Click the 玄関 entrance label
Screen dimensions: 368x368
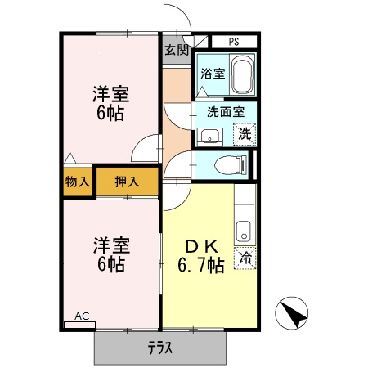[x=176, y=51]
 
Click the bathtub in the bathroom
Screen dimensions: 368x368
[x=243, y=76]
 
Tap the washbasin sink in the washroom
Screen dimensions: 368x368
[x=209, y=136]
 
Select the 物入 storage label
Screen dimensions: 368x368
[x=78, y=182]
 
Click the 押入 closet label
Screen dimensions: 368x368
[x=126, y=182]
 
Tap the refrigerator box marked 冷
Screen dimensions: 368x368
[x=245, y=258]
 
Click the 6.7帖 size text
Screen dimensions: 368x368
[x=200, y=266]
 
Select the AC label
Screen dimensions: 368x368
[x=82, y=316]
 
